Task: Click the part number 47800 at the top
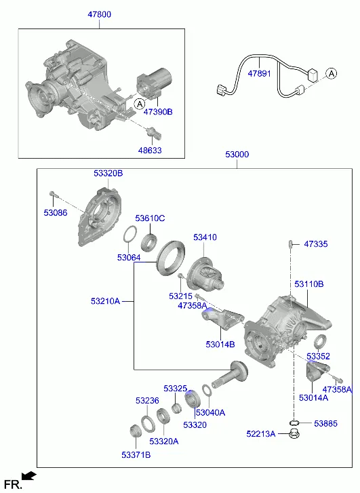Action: [x=100, y=14]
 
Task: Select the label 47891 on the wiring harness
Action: [x=259, y=73]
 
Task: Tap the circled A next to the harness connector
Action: [x=331, y=73]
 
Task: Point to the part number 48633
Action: [x=150, y=150]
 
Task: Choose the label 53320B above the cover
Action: [x=108, y=173]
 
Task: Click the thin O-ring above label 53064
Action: [x=129, y=234]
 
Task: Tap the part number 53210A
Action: [x=105, y=301]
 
